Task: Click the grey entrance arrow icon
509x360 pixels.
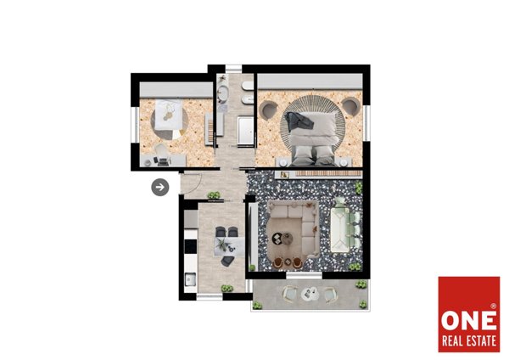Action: (x=160, y=187)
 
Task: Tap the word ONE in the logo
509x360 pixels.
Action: (x=469, y=320)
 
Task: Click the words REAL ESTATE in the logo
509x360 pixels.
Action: (x=469, y=341)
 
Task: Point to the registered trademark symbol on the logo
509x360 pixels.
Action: (x=493, y=306)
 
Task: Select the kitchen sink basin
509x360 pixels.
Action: (x=190, y=279)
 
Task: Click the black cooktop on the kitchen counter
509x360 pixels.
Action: (x=191, y=246)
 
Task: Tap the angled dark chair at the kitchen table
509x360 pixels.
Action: (x=227, y=261)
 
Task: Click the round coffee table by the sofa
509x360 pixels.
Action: (x=287, y=239)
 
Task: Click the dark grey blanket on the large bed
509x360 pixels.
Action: (x=299, y=121)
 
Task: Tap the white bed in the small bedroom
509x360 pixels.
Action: (x=168, y=114)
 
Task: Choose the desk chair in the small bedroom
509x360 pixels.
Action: (x=160, y=150)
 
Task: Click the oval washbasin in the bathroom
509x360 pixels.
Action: (x=223, y=93)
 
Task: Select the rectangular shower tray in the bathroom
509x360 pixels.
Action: (x=245, y=130)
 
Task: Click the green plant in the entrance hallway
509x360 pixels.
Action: (x=214, y=195)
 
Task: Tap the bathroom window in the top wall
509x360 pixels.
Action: (x=234, y=69)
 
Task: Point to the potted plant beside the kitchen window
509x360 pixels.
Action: (x=227, y=288)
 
